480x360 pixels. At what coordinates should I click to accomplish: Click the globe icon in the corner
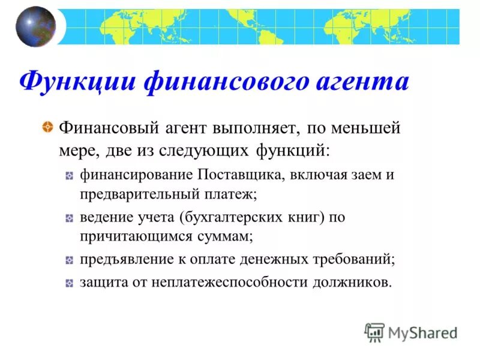pyautogui.click(x=35, y=26)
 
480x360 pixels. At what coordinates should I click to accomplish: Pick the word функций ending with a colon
pyautogui.click(x=292, y=149)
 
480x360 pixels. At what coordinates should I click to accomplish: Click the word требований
pyautogui.click(x=354, y=260)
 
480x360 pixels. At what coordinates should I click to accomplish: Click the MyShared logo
pyautogui.click(x=411, y=332)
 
